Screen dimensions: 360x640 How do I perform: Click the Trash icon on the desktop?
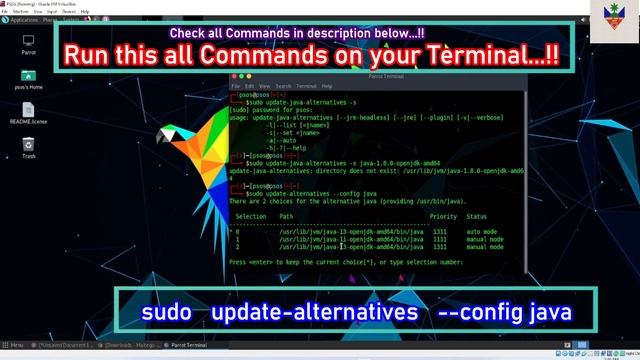tap(28, 145)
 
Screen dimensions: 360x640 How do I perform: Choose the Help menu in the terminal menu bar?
tap(327, 86)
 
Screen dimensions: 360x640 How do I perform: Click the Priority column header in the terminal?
tap(443, 216)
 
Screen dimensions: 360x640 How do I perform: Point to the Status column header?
tap(476, 216)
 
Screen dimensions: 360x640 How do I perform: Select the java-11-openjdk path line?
tap(331, 239)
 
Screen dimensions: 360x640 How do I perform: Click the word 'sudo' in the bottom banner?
tap(166, 312)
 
